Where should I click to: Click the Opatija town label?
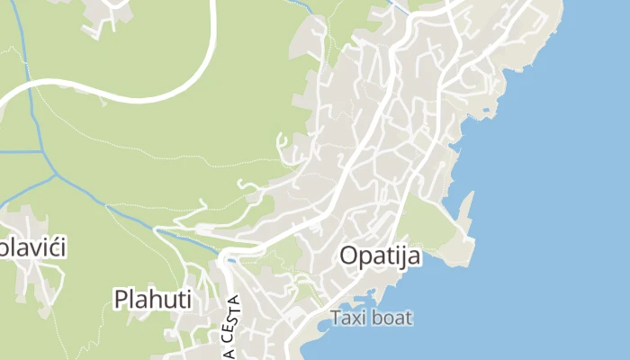tap(380, 256)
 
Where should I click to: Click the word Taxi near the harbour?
tap(349, 318)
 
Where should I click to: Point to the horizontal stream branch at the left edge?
tap(18, 151)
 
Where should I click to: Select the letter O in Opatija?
tap(349, 256)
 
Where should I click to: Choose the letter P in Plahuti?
tap(121, 298)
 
